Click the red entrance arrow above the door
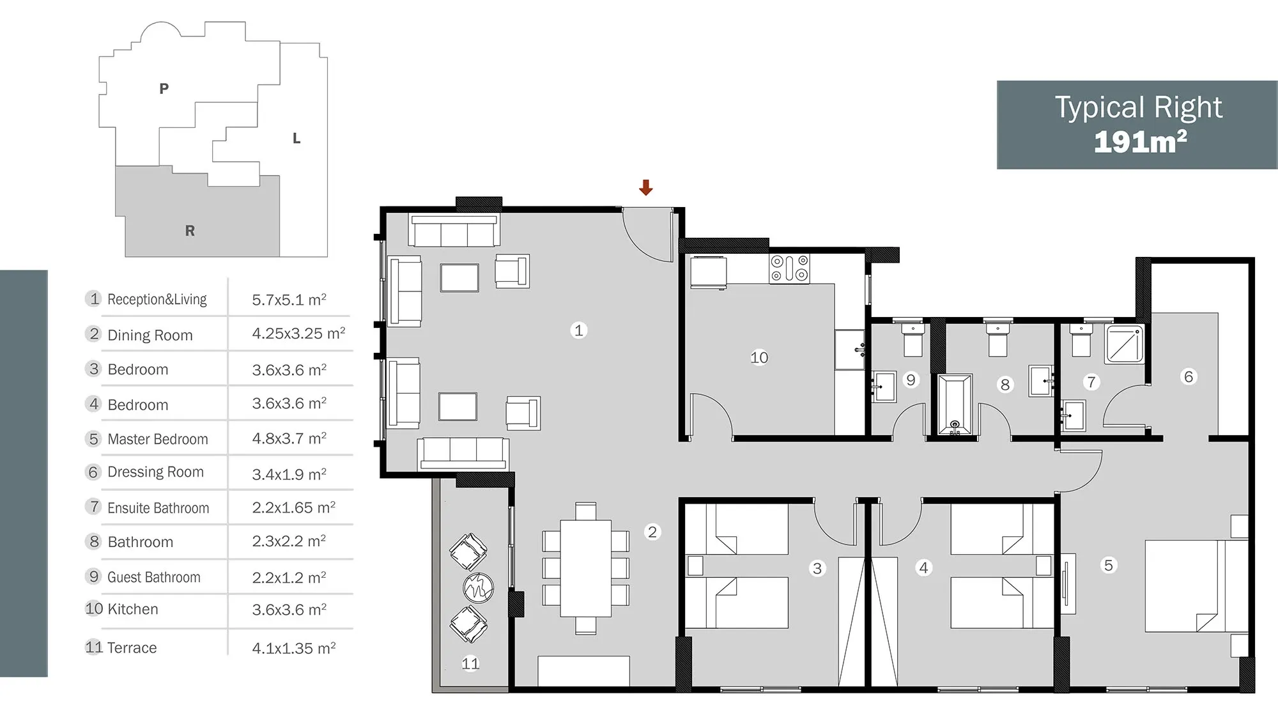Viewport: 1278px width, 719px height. coord(646,187)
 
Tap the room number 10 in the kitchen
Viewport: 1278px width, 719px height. coord(759,357)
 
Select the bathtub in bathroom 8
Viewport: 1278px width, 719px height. coord(955,404)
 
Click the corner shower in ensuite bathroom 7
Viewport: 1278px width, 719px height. coord(1125,344)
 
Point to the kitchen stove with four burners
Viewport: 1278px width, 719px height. coord(789,268)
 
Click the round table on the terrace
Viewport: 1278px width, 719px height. coord(478,587)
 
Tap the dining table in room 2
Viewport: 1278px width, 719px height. coord(585,568)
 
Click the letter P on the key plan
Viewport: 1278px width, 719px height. coord(164,89)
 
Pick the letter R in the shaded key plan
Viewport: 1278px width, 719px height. coord(190,231)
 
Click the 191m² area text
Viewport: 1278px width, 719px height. coord(1140,142)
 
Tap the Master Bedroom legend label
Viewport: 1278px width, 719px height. coord(158,439)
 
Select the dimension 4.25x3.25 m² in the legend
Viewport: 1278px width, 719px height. coord(298,333)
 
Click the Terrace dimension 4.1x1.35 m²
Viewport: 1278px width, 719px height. coord(293,648)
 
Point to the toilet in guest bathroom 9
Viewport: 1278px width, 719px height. coord(913,340)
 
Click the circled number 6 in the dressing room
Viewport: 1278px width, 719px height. coord(1189,376)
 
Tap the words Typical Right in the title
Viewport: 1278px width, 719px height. coord(1139,107)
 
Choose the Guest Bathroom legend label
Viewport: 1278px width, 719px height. coord(154,577)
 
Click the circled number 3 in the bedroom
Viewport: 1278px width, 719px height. coord(817,568)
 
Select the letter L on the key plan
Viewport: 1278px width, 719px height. coord(296,138)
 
